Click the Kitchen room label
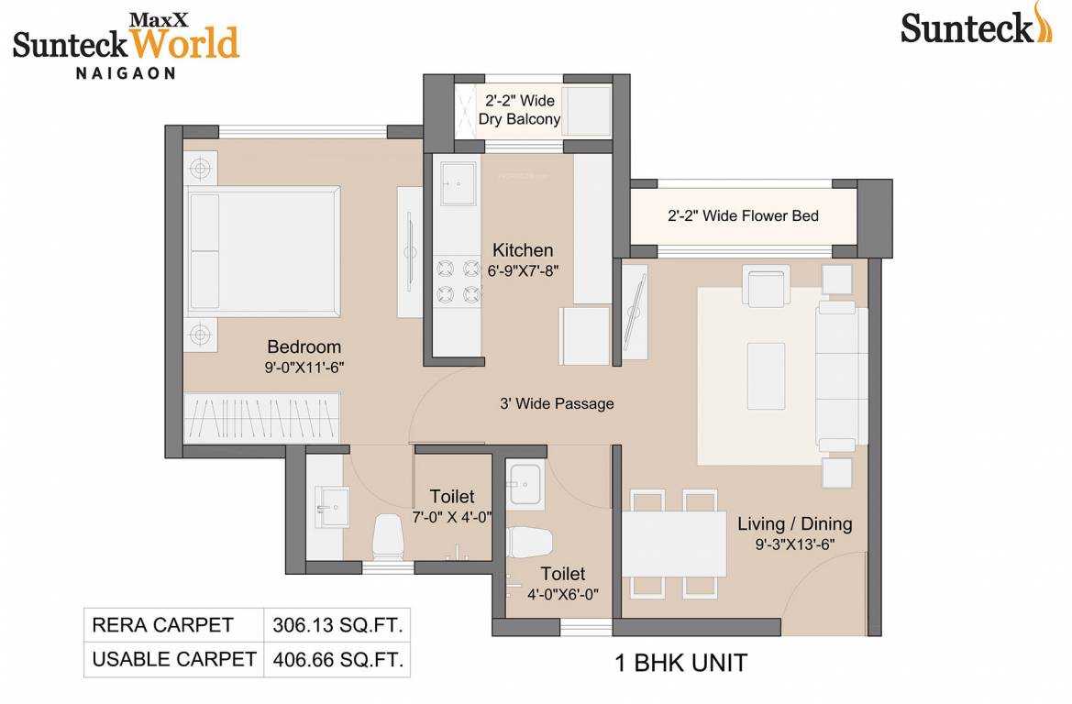tap(523, 250)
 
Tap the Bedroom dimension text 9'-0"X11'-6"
tap(304, 367)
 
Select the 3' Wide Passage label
tap(557, 403)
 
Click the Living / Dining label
tap(795, 524)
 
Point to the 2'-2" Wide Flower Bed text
tap(743, 216)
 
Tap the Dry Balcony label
tap(519, 119)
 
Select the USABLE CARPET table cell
tap(173, 659)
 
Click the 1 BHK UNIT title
tap(680, 661)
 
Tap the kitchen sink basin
tap(457, 187)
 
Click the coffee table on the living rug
tap(766, 376)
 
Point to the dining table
tap(674, 543)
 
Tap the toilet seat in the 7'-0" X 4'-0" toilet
tap(388, 536)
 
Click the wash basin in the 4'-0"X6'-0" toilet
tap(525, 479)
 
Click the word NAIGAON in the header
tap(125, 73)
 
